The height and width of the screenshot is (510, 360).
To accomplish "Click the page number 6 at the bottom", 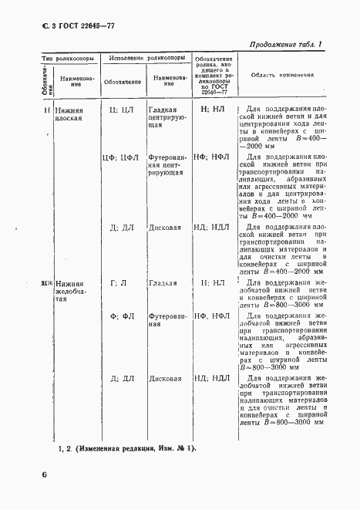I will tap(45, 475).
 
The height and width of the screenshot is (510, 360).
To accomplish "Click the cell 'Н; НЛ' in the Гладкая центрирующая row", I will tap(212, 110).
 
